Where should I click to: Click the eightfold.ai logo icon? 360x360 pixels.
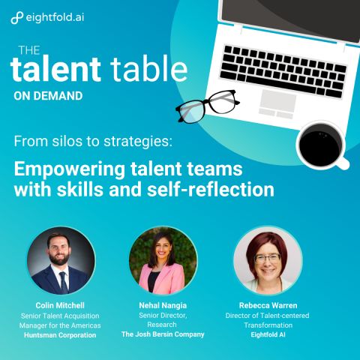tap(17, 18)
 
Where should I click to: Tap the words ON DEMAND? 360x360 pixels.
tap(48, 96)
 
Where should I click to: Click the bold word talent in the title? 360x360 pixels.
tap(55, 69)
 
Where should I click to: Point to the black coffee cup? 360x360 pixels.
tap(321, 145)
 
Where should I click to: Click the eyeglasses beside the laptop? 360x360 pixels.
tap(208, 106)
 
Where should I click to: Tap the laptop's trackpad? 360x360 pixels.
tap(277, 99)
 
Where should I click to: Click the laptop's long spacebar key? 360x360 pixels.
tap(281, 84)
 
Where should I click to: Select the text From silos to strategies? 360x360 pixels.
tap(93, 142)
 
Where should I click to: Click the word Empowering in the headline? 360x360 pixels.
tap(70, 170)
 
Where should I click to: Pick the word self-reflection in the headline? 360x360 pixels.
tap(211, 189)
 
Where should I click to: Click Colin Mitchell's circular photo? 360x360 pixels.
tap(61, 260)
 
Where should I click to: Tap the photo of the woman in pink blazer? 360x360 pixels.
tap(163, 260)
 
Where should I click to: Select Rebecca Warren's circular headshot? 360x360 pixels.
tap(268, 260)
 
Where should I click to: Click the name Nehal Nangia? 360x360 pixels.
tap(163, 305)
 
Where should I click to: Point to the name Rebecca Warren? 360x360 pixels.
tap(268, 305)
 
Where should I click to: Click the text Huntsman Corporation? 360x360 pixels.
tap(60, 335)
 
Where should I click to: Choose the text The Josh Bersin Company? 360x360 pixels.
tap(163, 334)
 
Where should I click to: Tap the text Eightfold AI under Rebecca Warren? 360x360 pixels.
tap(268, 334)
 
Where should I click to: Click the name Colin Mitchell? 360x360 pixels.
tap(60, 305)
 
